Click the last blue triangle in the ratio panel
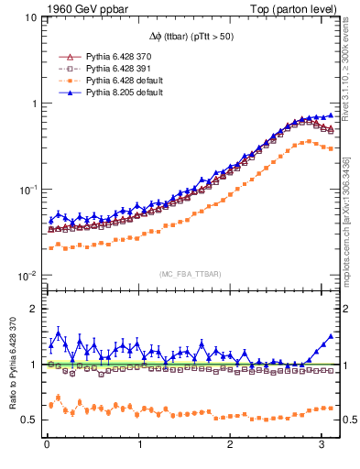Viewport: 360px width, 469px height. pyautogui.click(x=331, y=336)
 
